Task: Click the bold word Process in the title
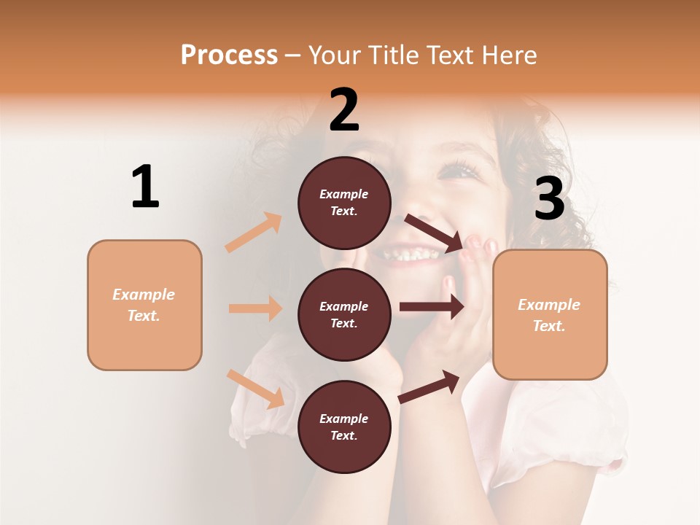coord(229,55)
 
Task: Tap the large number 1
coord(145,187)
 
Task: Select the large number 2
coord(344,110)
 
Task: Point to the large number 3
coord(549,200)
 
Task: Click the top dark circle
coord(344,203)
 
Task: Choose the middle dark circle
coord(344,315)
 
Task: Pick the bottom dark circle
coord(344,427)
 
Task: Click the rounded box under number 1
coord(144,305)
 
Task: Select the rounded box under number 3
coord(550,315)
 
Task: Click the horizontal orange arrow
coord(255,308)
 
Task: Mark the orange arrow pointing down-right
coord(255,388)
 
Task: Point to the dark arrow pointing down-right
coord(435,233)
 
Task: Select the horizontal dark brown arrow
coord(432,307)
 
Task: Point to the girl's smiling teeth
coord(411,255)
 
